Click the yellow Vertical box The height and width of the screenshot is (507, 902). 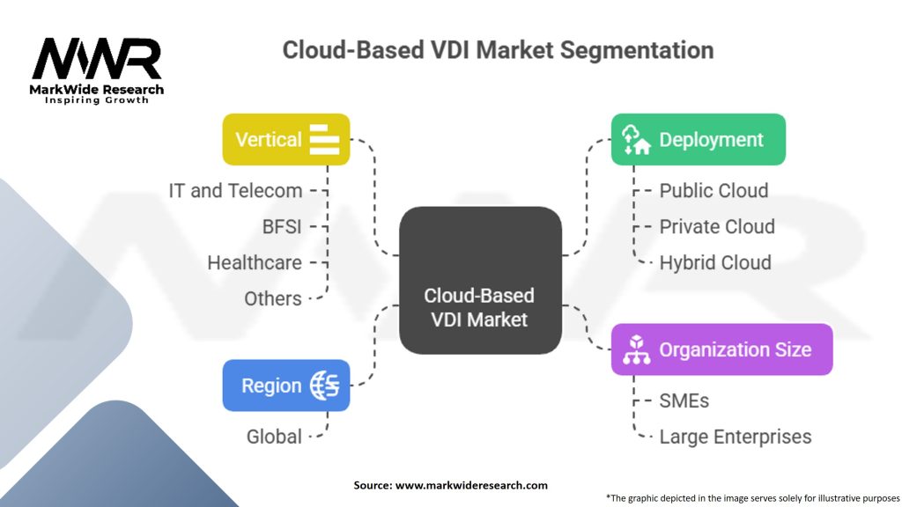click(x=286, y=139)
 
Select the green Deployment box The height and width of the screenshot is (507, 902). click(x=698, y=139)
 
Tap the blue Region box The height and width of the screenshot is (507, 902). click(x=286, y=386)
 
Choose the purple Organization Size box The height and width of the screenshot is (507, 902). click(x=721, y=349)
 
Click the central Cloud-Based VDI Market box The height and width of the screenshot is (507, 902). click(x=479, y=281)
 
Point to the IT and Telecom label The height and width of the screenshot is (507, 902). click(x=235, y=190)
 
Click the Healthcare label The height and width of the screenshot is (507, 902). click(x=255, y=262)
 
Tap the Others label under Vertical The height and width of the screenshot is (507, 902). click(x=273, y=298)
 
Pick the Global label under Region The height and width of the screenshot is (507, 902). click(x=274, y=437)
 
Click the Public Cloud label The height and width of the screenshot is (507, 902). click(x=713, y=190)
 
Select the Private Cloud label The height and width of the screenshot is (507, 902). click(x=717, y=226)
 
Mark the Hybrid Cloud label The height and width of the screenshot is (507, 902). click(x=715, y=262)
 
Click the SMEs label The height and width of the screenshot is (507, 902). click(x=684, y=400)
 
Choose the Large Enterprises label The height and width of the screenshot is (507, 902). click(x=736, y=437)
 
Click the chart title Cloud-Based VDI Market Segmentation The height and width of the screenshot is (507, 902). click(x=498, y=49)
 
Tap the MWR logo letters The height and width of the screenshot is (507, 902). click(x=97, y=60)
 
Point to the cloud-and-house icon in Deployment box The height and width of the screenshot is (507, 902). click(x=636, y=139)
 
